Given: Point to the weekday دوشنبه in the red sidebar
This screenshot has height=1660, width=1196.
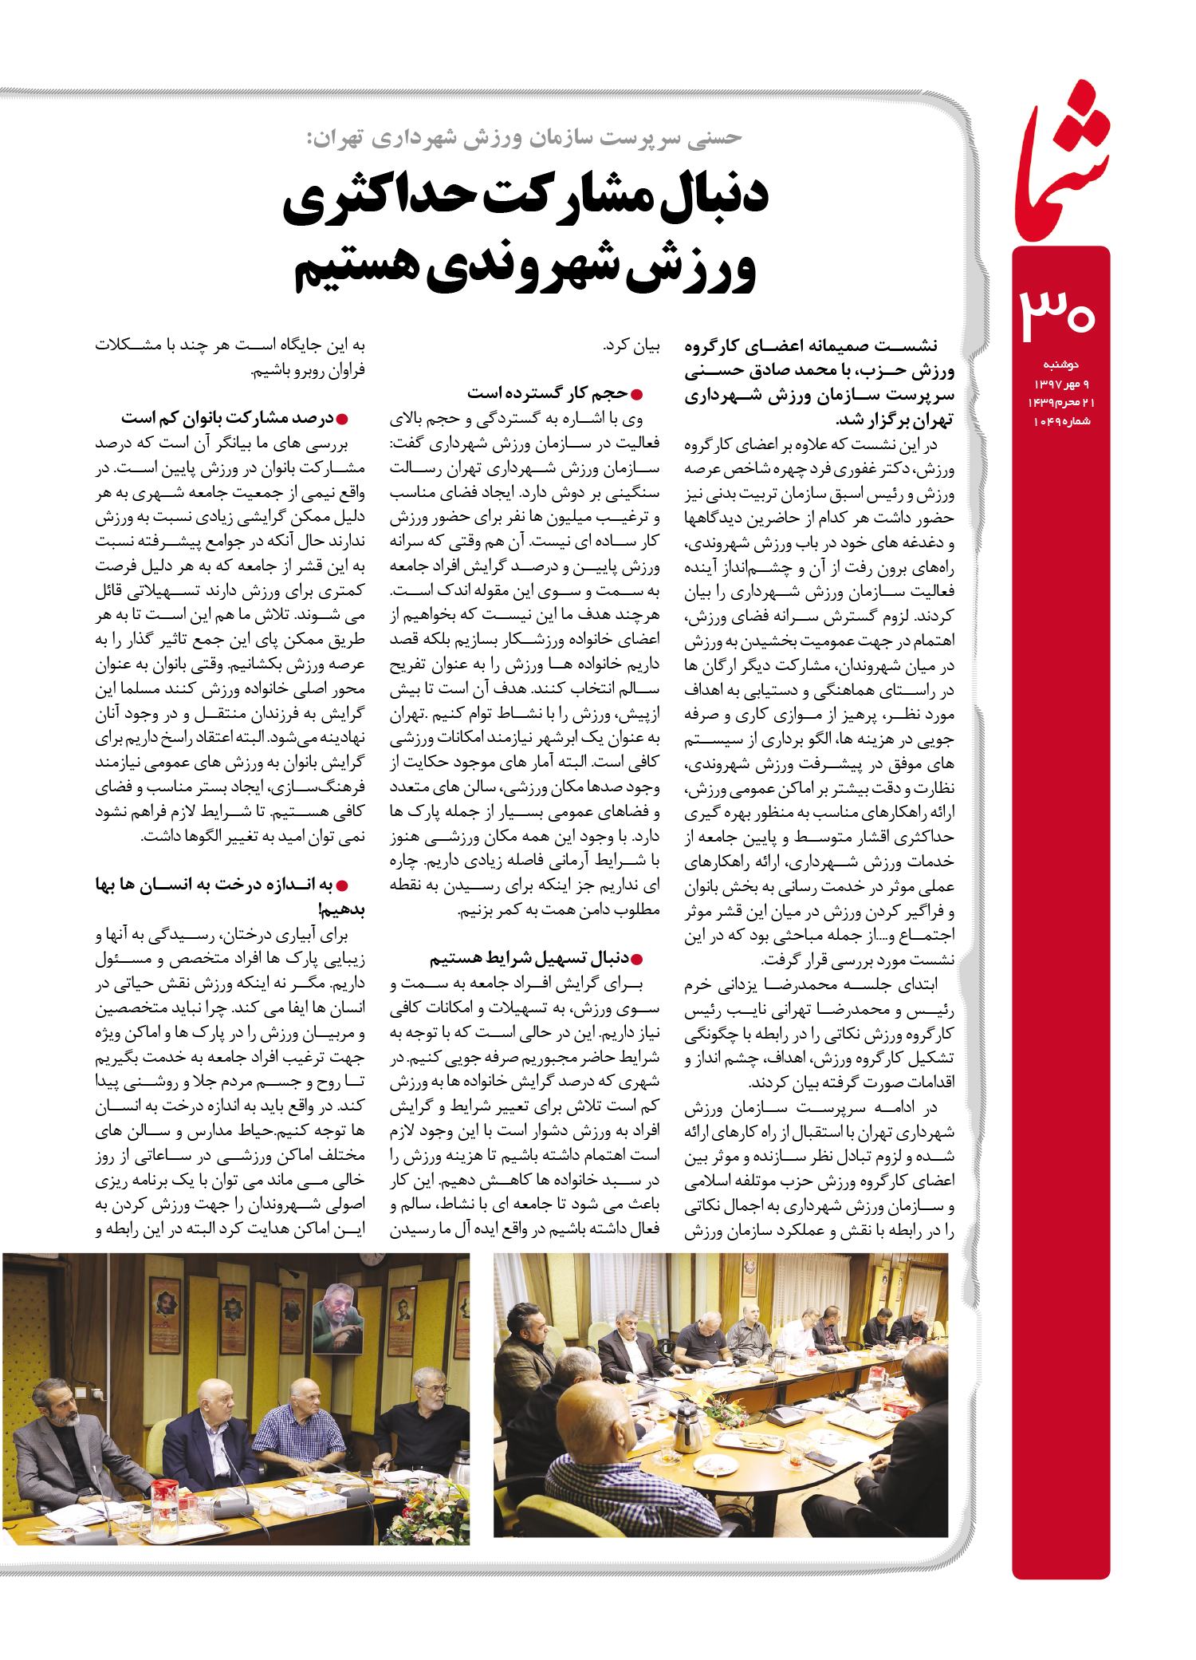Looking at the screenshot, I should pyautogui.click(x=1060, y=365).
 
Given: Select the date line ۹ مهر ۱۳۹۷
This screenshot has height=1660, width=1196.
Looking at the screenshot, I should pyautogui.click(x=1061, y=384).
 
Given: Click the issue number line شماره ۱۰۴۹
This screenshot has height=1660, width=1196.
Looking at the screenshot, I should pyautogui.click(x=1061, y=421).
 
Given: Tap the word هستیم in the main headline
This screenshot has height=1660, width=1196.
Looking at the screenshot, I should pyautogui.click(x=356, y=267).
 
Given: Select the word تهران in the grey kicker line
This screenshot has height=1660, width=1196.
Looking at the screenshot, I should pyautogui.click(x=334, y=139).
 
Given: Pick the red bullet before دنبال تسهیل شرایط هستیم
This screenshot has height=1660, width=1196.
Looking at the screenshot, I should pyautogui.click(x=636, y=959).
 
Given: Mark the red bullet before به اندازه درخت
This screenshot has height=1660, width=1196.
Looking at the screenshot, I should pyautogui.click(x=342, y=885).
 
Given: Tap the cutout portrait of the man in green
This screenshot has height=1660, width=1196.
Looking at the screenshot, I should pyautogui.click(x=338, y=1317).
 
